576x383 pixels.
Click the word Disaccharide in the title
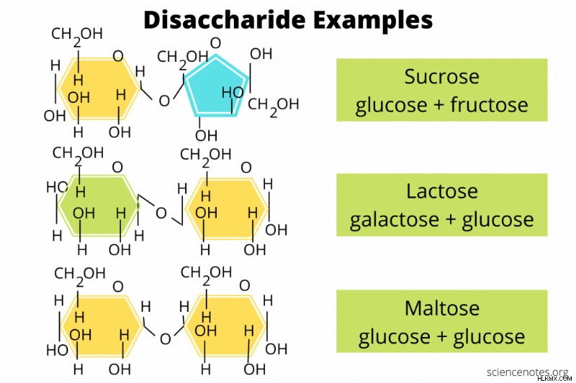(x=225, y=19)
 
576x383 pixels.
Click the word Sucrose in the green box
(x=441, y=77)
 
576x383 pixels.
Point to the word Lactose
(x=442, y=191)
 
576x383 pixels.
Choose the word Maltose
(x=442, y=308)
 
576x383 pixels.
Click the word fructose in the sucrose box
(x=489, y=104)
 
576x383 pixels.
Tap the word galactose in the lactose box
(x=394, y=221)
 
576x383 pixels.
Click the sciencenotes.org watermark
(x=527, y=372)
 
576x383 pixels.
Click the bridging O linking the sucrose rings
(x=164, y=101)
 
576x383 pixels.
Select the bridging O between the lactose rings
(x=161, y=213)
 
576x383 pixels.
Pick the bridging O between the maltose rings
(x=166, y=339)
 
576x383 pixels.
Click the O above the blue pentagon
(x=215, y=43)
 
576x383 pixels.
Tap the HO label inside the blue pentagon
(x=233, y=93)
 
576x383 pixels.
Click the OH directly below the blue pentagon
(x=206, y=136)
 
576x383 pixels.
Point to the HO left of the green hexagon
(x=57, y=188)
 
